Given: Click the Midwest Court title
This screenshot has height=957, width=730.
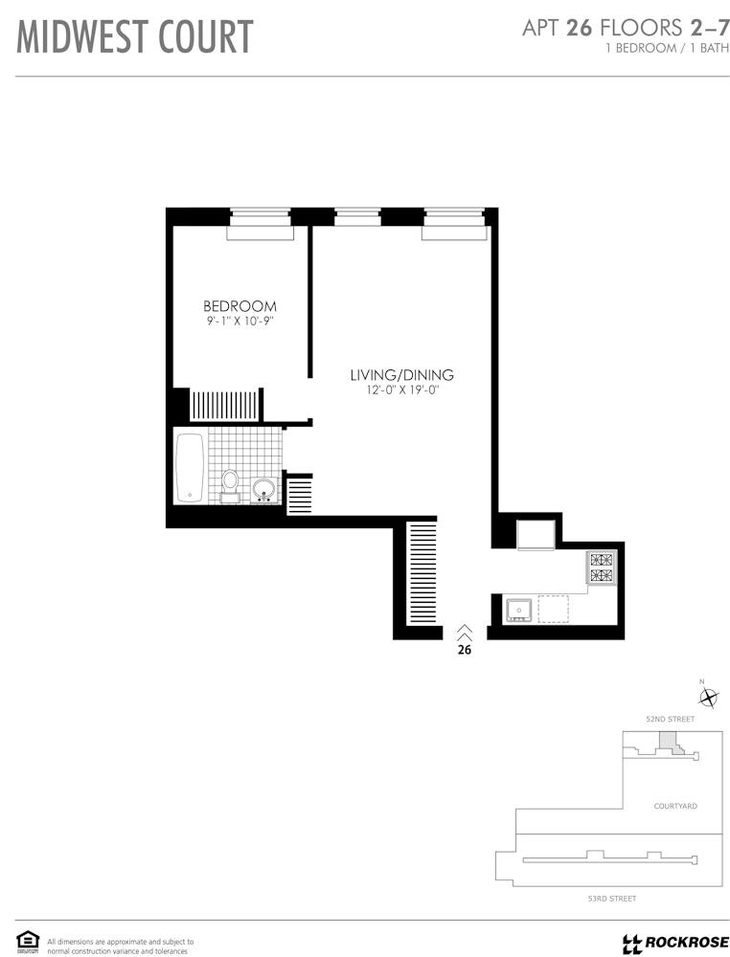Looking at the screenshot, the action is click(x=134, y=36).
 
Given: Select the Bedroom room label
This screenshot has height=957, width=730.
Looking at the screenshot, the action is click(x=240, y=306).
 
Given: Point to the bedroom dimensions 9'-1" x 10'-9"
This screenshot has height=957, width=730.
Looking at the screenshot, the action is click(x=239, y=322).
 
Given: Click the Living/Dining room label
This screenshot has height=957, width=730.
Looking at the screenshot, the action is click(x=402, y=375).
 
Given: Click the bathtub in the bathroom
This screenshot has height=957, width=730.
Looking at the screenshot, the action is click(x=190, y=468).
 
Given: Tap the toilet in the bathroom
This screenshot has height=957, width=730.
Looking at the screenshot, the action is click(x=230, y=486).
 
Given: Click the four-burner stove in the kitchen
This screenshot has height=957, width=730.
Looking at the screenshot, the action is click(x=602, y=567).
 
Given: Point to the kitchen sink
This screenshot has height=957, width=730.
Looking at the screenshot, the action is click(x=518, y=609).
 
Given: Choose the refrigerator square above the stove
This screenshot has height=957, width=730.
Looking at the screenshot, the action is click(x=536, y=535).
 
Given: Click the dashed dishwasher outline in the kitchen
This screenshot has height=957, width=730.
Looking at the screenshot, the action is click(x=553, y=609).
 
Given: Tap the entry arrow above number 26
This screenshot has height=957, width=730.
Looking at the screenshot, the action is click(x=465, y=632).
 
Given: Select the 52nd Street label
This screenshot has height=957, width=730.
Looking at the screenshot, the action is click(x=671, y=719).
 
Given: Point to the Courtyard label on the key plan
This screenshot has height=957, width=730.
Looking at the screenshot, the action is click(x=675, y=806).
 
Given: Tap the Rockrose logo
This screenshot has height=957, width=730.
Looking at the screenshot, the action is click(x=675, y=943).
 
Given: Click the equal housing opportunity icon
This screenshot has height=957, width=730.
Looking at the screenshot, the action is click(x=28, y=941).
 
